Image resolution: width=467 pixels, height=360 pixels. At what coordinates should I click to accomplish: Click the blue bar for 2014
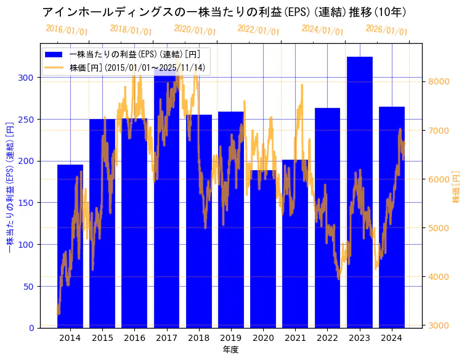point(70,247)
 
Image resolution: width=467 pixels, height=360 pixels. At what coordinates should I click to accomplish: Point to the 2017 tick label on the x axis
point(166,338)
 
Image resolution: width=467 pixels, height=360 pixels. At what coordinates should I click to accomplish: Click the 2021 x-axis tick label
point(295,338)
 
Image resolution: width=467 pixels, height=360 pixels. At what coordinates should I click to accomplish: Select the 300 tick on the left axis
point(30,78)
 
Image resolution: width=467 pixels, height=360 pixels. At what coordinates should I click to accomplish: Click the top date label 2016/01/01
point(67,30)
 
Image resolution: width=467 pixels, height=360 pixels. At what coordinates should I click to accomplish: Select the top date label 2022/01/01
point(258,30)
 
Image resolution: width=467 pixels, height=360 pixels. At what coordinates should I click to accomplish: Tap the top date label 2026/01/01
point(386,30)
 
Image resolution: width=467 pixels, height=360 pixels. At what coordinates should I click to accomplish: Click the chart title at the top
point(224,12)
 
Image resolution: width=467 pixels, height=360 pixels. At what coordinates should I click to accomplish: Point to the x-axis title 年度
point(230,350)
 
